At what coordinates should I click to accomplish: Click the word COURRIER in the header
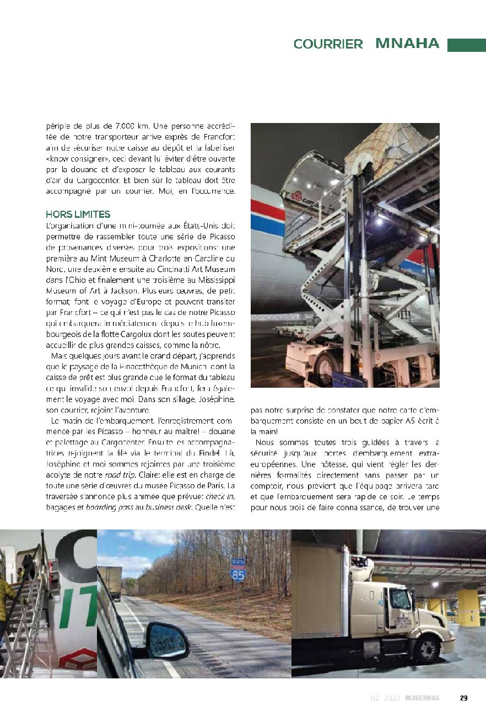[x=328, y=45]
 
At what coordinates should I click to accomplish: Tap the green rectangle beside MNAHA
[x=466, y=45]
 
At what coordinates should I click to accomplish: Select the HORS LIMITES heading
[x=78, y=215]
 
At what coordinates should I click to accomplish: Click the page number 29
[x=463, y=698]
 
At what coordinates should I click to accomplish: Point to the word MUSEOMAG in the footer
[x=422, y=698]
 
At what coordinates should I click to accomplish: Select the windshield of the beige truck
[x=400, y=599]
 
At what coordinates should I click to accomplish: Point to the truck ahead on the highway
[x=110, y=582]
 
